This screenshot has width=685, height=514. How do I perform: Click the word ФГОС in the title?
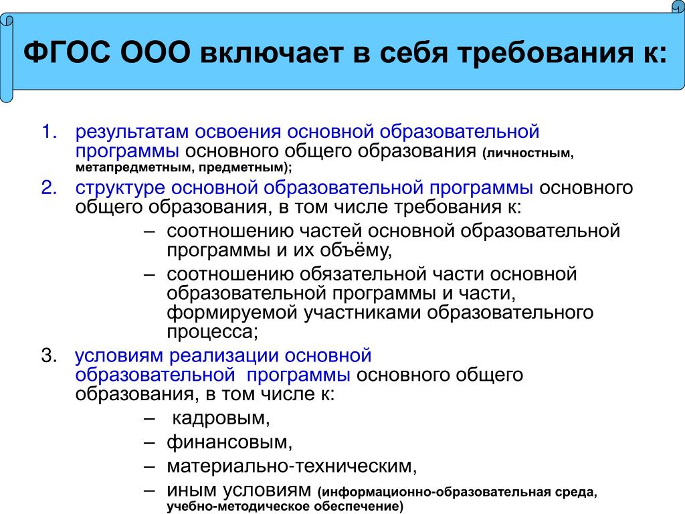pos(67,54)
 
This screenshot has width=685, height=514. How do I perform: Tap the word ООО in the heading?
pos(155,54)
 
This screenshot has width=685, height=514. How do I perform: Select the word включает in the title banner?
pos(271,54)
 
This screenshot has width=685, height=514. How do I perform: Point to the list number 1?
pos(49,132)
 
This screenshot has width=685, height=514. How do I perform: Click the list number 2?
pos(49,187)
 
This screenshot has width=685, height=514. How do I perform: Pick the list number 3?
pos(49,356)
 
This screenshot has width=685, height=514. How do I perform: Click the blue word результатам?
pos(132,133)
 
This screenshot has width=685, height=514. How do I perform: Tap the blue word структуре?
pos(120,188)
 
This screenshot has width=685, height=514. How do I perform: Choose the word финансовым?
pos(230,442)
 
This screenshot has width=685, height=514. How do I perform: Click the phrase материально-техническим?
pos(292,466)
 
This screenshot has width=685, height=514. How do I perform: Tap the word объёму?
pos(356,250)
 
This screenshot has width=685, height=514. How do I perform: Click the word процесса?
pos(212,332)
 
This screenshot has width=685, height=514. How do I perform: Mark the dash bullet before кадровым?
pos(149,418)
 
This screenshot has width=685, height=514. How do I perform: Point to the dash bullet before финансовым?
pos(149,442)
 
